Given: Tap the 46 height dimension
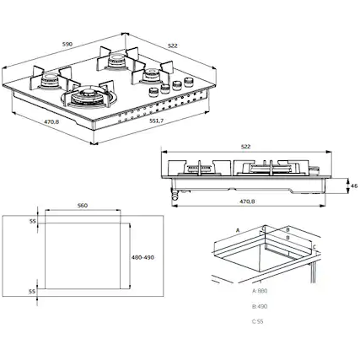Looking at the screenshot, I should pyautogui.click(x=354, y=184).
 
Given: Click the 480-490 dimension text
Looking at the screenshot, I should pyautogui.click(x=144, y=258).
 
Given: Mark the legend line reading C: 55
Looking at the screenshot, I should pyautogui.click(x=259, y=322).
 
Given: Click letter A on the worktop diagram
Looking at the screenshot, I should pyautogui.click(x=238, y=229).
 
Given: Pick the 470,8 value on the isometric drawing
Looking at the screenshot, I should pyautogui.click(x=52, y=121).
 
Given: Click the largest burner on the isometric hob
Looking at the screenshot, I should pyautogui.click(x=88, y=97).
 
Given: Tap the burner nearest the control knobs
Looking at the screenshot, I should pyautogui.click(x=152, y=76).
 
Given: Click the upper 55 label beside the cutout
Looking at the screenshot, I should pyautogui.click(x=32, y=220).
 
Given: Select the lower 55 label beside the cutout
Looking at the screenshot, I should pyautogui.click(x=32, y=291).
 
